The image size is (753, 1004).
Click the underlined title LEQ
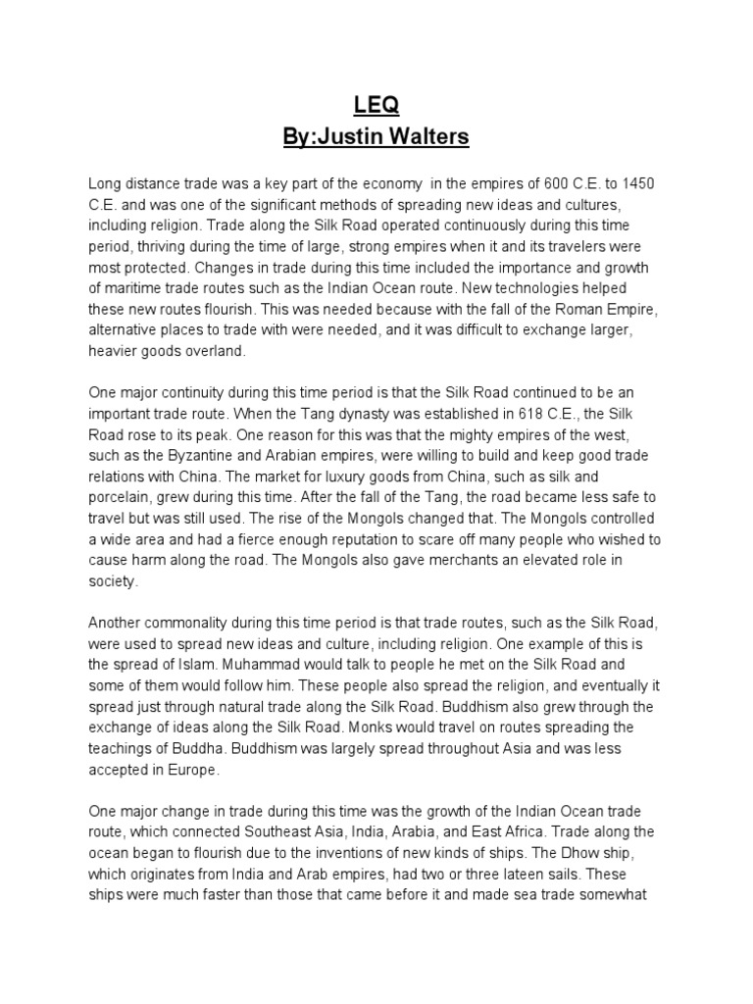coord(376,105)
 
